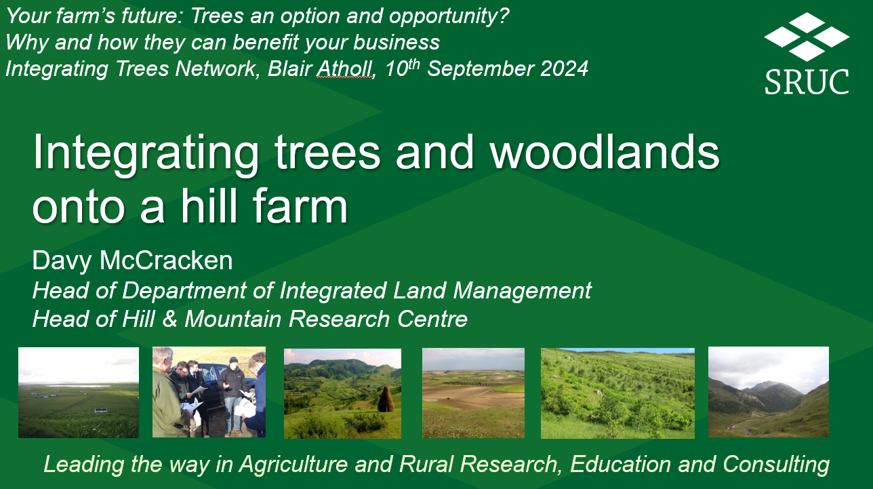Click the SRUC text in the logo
pyautogui.click(x=807, y=82)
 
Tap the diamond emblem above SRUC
pyautogui.click(x=807, y=36)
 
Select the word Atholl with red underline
pyautogui.click(x=344, y=69)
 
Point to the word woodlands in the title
pyautogui.click(x=605, y=152)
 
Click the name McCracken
pyautogui.click(x=166, y=260)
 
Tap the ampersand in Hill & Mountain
pyautogui.click(x=169, y=319)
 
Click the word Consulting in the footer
pyautogui.click(x=776, y=465)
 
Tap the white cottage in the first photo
pyautogui.click(x=102, y=410)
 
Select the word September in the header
pyautogui.click(x=481, y=69)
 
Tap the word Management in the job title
pyautogui.click(x=522, y=291)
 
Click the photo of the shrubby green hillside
pyautogui.click(x=617, y=393)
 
